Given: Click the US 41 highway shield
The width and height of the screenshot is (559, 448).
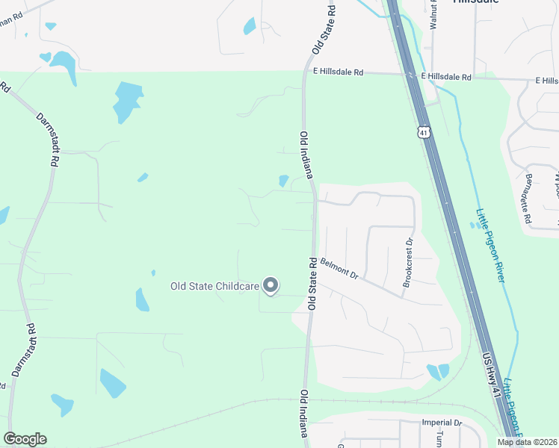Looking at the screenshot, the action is point(424,132).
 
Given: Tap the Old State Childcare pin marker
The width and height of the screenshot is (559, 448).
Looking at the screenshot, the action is point(271,285).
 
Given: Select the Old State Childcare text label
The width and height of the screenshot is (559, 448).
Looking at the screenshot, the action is point(214,286).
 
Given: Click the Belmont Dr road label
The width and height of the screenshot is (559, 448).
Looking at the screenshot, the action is point(340,269).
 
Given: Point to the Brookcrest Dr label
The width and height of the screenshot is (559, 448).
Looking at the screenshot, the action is point(408,262).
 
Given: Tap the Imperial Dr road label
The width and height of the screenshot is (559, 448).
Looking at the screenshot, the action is point(442,423).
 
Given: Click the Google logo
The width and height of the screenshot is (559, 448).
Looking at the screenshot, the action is point(25,439).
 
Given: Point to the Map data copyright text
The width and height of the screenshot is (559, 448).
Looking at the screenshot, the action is point(526,442).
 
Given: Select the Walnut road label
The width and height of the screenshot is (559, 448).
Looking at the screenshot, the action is point(432,14).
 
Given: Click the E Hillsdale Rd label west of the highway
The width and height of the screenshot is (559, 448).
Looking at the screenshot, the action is point(338,72).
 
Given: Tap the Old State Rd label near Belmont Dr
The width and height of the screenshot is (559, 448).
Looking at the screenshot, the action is point(312,284).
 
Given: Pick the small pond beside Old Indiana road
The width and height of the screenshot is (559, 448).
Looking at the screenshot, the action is point(283,181).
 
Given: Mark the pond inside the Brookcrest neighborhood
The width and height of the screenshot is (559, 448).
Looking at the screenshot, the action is point(434,371).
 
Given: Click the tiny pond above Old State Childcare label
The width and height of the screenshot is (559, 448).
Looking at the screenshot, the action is point(153,273).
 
